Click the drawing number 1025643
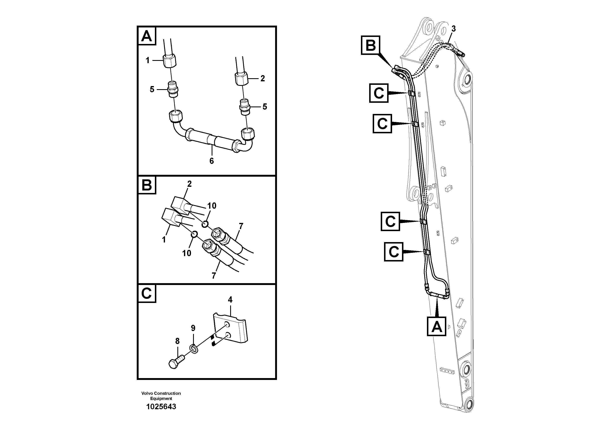click(x=161, y=407)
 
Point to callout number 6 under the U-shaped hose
click(x=212, y=161)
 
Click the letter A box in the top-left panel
click(x=147, y=36)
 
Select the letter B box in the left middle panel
click(x=147, y=185)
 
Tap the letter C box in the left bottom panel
click(x=147, y=293)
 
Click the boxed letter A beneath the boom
click(x=436, y=326)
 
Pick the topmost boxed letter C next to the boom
click(x=379, y=93)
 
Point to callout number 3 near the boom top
click(x=453, y=29)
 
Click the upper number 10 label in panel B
click(x=212, y=206)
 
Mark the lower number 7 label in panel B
click(x=214, y=276)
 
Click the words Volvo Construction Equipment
click(x=161, y=396)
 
